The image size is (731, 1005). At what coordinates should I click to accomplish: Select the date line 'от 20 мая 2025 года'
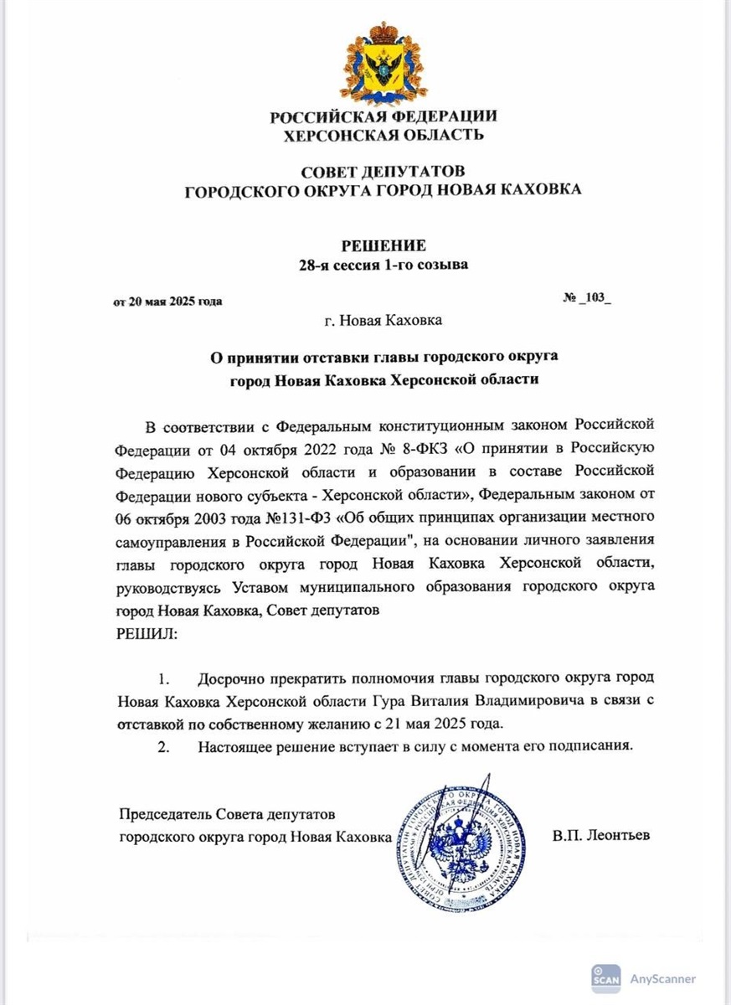[x=167, y=301]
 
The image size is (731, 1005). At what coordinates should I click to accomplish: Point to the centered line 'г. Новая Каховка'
[x=383, y=320]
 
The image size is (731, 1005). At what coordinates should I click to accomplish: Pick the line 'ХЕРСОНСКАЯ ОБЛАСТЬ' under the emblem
[x=383, y=134]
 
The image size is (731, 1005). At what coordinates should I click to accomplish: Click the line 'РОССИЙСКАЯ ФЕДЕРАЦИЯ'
[x=383, y=116]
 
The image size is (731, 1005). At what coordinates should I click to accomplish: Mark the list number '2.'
[x=164, y=745]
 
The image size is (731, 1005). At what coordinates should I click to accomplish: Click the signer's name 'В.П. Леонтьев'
[x=600, y=836]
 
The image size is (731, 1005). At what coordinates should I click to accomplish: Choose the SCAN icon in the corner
[x=606, y=977]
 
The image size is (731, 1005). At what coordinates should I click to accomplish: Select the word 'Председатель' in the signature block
[x=162, y=814]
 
